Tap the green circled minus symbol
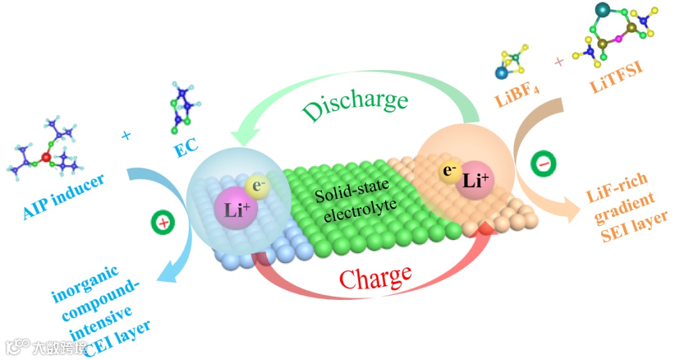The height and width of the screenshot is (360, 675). point(541,164)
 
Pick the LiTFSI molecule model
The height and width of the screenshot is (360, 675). point(619,34)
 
